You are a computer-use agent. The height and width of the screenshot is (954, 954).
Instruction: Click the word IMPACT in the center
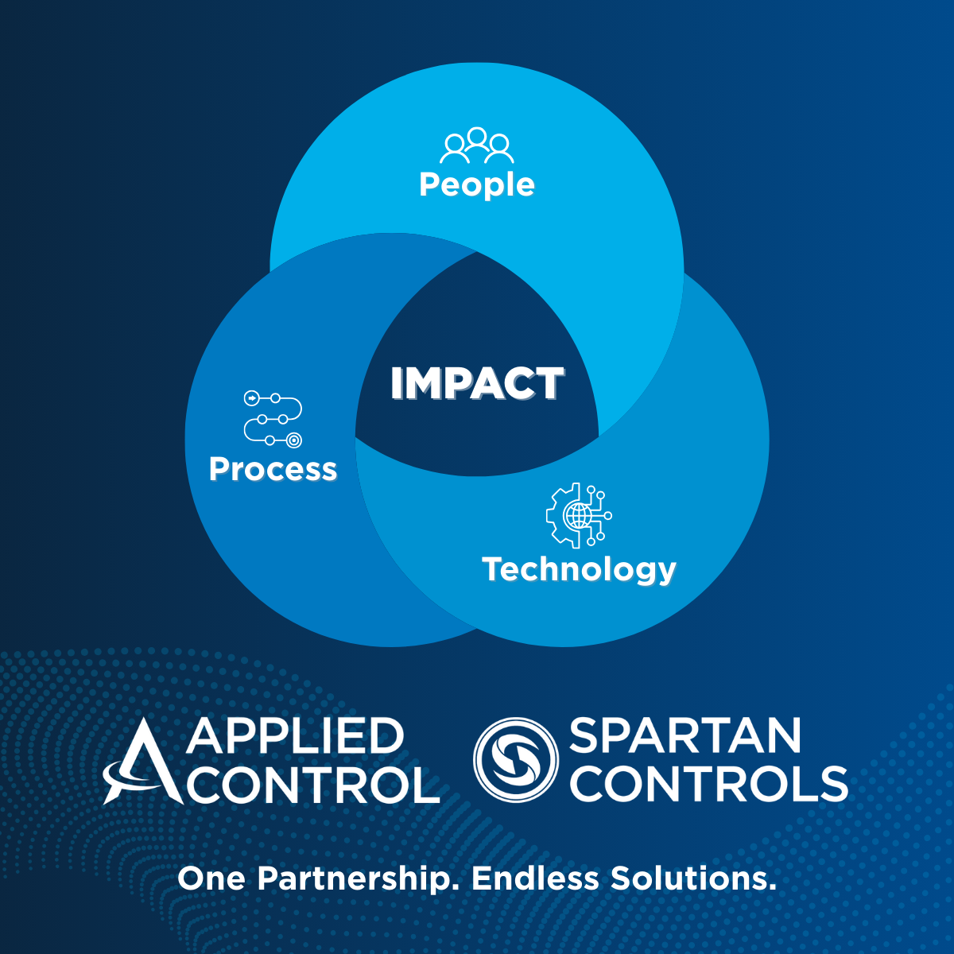point(477,384)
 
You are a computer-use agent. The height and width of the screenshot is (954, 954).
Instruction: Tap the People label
point(477,184)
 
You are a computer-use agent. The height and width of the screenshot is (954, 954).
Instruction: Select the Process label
point(273,469)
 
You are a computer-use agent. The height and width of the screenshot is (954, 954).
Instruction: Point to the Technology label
point(579,570)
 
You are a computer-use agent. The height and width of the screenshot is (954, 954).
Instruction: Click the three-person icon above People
point(477,145)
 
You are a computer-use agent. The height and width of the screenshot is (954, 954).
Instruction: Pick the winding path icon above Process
point(273,418)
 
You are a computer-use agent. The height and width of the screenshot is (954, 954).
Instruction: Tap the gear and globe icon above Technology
point(579,515)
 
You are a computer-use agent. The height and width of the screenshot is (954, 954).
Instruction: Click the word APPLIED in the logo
point(295,736)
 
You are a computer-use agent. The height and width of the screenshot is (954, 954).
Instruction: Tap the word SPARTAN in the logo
point(684,736)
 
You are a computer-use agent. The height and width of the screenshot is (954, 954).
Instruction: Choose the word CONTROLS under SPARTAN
point(708,785)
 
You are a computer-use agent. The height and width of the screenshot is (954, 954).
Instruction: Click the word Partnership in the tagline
point(355,879)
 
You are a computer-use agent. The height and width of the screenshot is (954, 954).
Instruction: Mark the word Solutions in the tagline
point(692,879)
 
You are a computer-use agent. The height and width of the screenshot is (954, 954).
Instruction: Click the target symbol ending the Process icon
point(294,440)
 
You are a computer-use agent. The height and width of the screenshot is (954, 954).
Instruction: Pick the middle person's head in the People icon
point(477,136)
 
